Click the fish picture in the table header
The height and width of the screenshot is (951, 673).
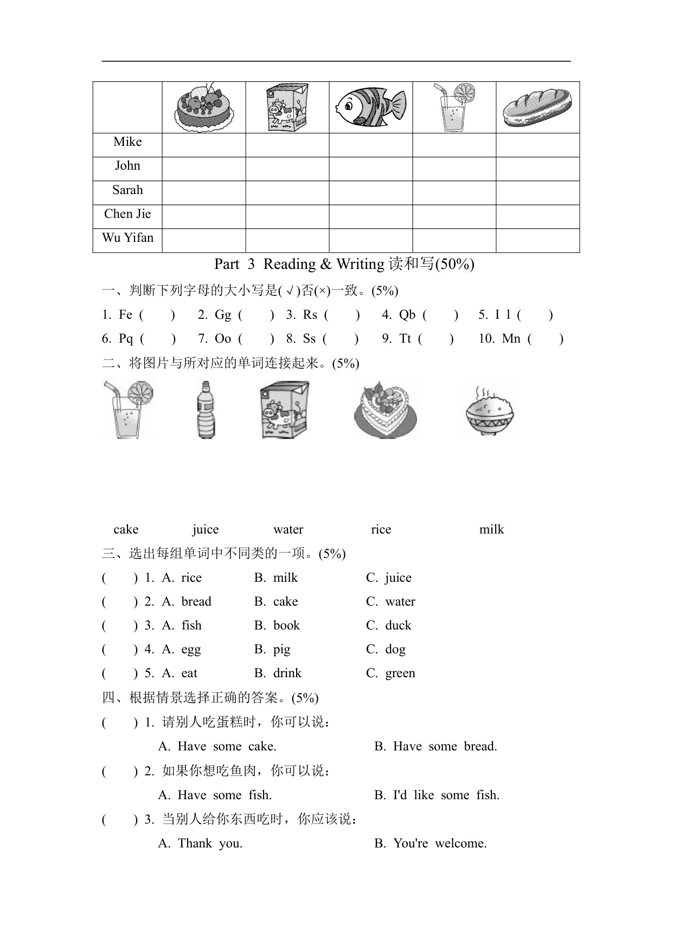click(x=371, y=107)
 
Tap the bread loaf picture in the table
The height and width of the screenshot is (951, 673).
click(x=537, y=107)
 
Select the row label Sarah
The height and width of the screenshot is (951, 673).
click(x=127, y=190)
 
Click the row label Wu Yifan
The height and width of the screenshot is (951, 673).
click(x=127, y=238)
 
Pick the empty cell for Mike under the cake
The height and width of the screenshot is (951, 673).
click(x=204, y=145)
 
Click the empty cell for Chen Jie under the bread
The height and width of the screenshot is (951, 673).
click(x=537, y=216)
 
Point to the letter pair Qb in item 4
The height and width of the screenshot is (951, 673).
click(x=407, y=315)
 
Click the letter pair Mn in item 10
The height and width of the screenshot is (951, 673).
click(x=511, y=339)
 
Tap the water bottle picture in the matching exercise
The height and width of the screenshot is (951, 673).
click(x=206, y=409)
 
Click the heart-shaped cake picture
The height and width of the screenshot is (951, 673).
click(x=386, y=410)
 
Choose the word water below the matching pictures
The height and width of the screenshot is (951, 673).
click(x=288, y=530)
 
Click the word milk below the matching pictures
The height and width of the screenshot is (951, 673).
click(x=491, y=530)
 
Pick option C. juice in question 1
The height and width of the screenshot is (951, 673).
click(x=389, y=578)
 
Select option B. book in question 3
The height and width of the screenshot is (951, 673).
click(x=277, y=626)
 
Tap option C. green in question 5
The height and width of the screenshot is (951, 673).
click(x=390, y=673)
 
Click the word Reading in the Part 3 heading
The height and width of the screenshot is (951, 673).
click(x=290, y=265)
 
